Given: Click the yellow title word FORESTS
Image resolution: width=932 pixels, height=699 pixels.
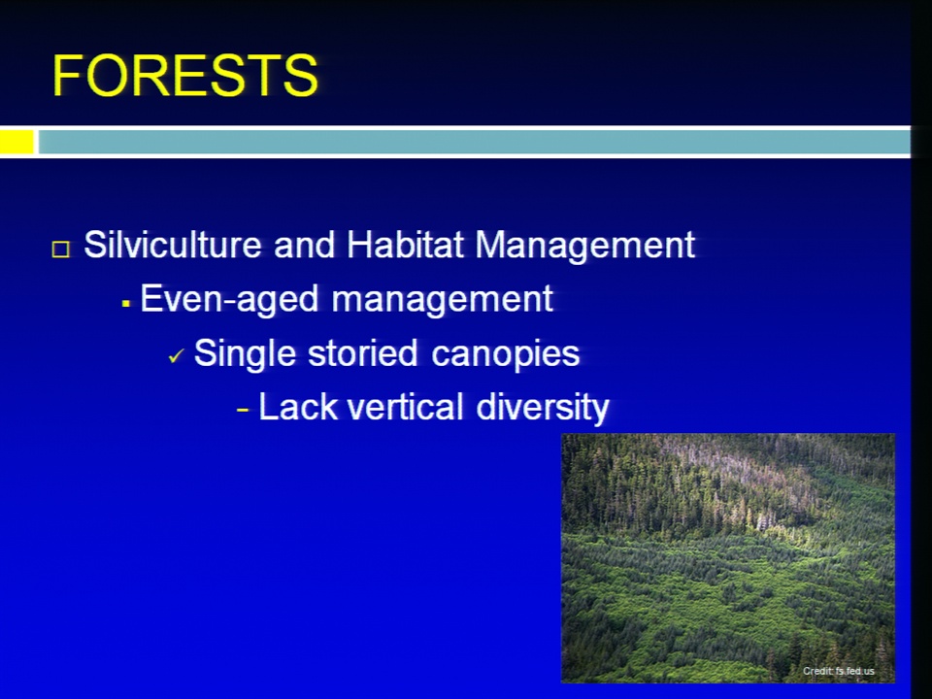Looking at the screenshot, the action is tap(184, 75).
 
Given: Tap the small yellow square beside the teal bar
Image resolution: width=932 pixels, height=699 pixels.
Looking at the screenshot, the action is tap(17, 142).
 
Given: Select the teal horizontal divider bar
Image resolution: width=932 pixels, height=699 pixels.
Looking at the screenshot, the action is tap(474, 142).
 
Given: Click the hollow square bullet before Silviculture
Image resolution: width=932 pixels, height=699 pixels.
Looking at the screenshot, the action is tap(60, 250).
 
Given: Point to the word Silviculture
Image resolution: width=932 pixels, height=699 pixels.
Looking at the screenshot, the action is tap(173, 244).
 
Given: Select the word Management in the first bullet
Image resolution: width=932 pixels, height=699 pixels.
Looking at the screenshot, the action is tap(584, 246).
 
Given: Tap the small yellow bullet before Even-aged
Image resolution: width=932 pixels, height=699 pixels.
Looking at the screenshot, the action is tap(125, 304).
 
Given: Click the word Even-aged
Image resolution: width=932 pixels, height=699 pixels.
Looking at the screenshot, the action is tap(229, 299).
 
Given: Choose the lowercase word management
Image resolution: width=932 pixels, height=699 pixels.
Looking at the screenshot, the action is tap(443, 299).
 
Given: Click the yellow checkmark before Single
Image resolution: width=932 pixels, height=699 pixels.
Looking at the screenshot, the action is tap(177, 356).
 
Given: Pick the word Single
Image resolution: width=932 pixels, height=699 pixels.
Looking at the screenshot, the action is tap(245, 353).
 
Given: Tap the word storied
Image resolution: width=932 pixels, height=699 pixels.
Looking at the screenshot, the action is tap(362, 352).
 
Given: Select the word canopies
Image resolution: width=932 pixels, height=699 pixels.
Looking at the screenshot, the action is tap(505, 354).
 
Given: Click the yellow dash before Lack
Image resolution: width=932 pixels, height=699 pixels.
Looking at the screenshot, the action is tap(243, 410).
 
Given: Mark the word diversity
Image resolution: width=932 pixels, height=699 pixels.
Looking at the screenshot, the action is tap(543, 409).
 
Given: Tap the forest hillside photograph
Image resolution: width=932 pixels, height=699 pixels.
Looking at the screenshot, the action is tap(728, 558).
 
